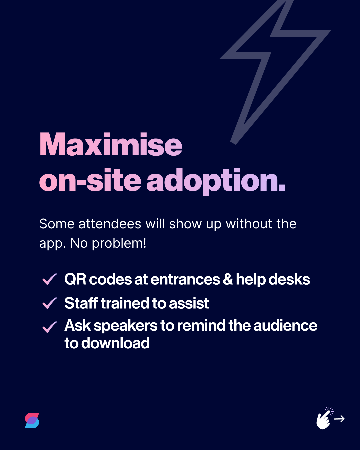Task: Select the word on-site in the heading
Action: pyautogui.click(x=90, y=181)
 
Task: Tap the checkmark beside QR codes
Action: pyautogui.click(x=50, y=279)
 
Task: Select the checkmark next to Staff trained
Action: pyautogui.click(x=50, y=303)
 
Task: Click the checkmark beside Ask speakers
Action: pyautogui.click(x=50, y=327)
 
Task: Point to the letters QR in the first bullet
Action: pyautogui.click(x=75, y=279)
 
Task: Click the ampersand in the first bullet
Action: pyautogui.click(x=228, y=279)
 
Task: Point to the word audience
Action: pyautogui.click(x=285, y=326)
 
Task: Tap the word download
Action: pyautogui.click(x=115, y=343)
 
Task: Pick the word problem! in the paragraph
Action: pyautogui.click(x=119, y=244)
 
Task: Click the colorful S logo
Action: pyautogui.click(x=32, y=420)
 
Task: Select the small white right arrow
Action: pyautogui.click(x=339, y=419)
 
